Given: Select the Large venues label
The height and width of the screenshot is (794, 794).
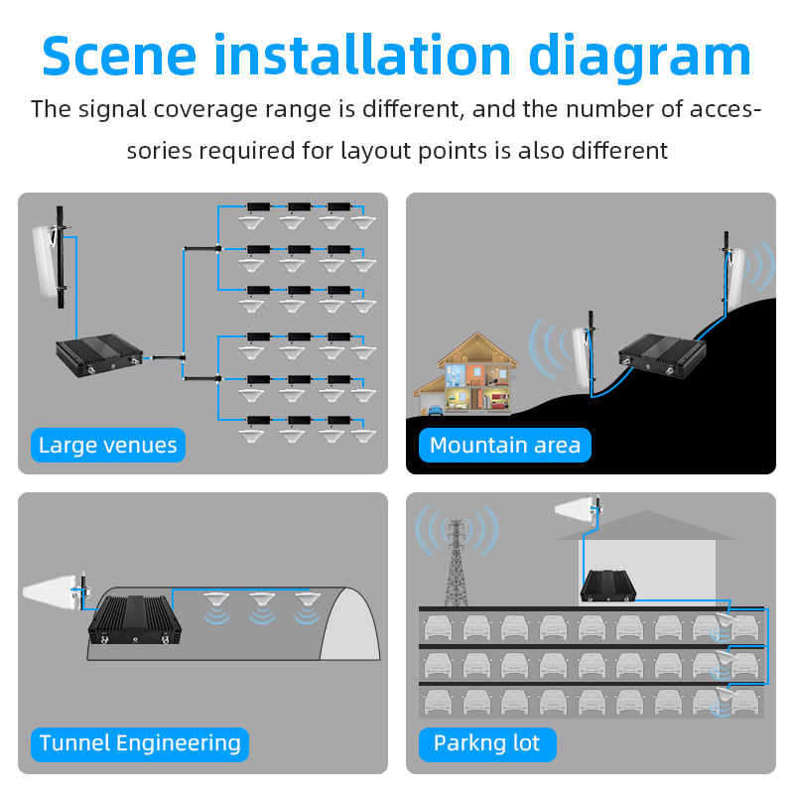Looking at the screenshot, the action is pos(107,445).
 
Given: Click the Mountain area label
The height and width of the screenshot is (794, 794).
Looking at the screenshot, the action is pos(504,445).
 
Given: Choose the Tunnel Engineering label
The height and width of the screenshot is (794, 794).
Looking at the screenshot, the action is pos(140,742).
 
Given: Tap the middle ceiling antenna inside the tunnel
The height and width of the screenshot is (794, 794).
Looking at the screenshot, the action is pos(261,602).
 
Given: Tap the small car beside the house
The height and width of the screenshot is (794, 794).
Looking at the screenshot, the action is pos(433,407).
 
